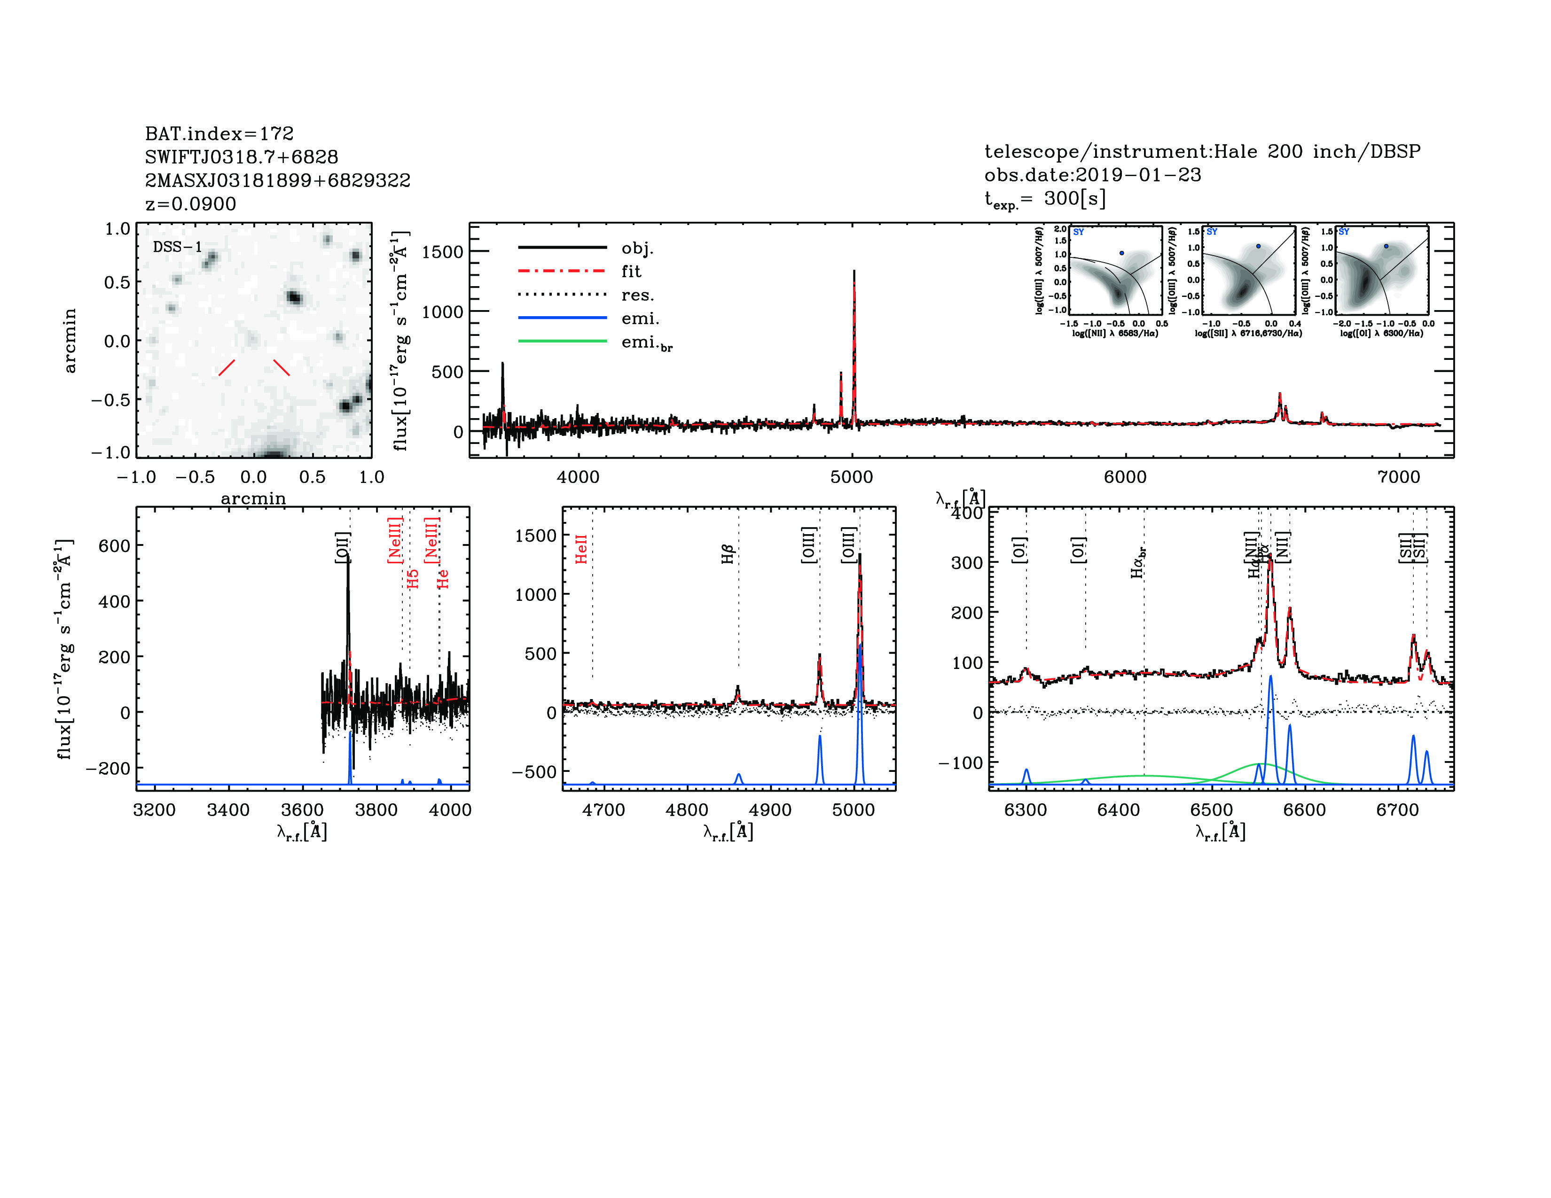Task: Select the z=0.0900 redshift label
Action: [x=190, y=204]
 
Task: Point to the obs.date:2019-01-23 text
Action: [x=1092, y=175]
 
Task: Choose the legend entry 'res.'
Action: [x=637, y=295]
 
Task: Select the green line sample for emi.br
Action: [x=563, y=342]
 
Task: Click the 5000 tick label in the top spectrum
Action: [x=852, y=477]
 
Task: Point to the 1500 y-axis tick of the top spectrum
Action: [x=442, y=252]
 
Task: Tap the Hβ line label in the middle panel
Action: [x=727, y=554]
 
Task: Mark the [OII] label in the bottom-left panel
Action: [x=342, y=548]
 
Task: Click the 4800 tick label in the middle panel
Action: [x=687, y=810]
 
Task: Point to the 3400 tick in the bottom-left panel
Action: [x=228, y=810]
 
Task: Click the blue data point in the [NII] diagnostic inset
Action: [x=1121, y=253]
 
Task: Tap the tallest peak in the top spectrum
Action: [x=854, y=272]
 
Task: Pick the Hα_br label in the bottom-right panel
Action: [x=1138, y=562]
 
